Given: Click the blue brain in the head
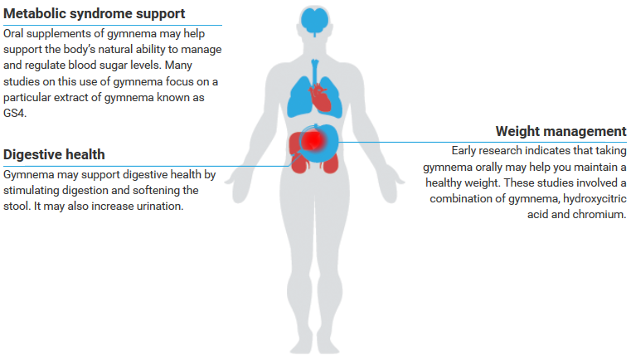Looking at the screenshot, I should coord(315,20).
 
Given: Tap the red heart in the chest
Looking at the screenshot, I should coord(321,99).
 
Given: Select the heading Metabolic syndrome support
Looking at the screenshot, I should coord(95,13).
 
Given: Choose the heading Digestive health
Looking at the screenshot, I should coord(54,154).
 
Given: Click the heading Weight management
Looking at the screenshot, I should coord(561,131).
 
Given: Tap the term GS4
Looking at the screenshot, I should coord(15,114).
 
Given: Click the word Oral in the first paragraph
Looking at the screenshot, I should coord(17,33).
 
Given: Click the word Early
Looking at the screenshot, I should coord(467,150).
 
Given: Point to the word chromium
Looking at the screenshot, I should coord(601,214).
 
